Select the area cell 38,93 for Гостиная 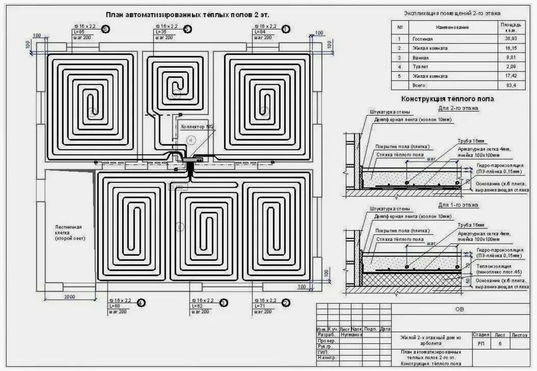(x=511, y=39)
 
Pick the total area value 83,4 (x=511, y=86)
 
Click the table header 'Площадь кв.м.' (x=511, y=26)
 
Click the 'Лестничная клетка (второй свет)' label (x=69, y=232)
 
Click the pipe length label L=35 (x=159, y=32)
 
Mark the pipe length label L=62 (x=197, y=306)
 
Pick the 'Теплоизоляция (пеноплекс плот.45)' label (x=502, y=269)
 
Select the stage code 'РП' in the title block (x=481, y=344)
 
